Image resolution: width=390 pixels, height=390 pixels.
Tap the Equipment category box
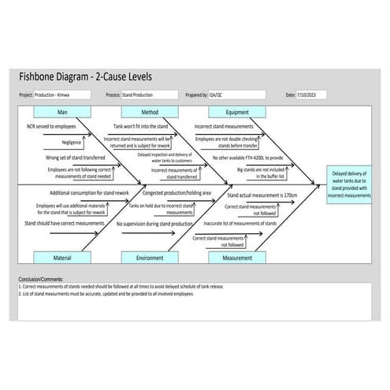(237, 113)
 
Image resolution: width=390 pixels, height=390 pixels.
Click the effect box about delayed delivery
(350, 184)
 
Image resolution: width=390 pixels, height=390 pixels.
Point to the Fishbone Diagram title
(85, 76)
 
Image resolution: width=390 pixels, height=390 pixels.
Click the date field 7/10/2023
(310, 95)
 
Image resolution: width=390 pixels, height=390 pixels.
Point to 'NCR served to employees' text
(51, 126)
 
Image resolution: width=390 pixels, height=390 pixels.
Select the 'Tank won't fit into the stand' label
(142, 126)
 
